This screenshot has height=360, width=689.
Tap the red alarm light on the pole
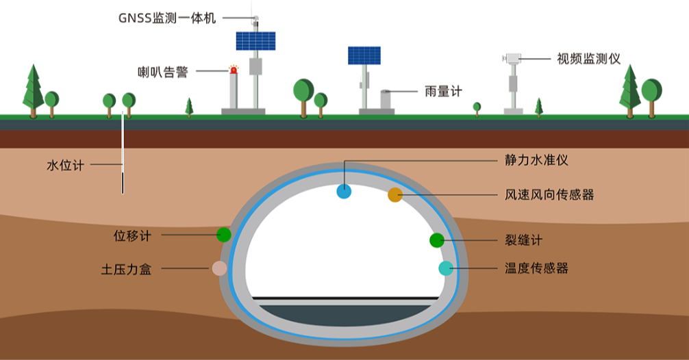point(234,69)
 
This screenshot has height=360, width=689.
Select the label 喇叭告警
point(162,71)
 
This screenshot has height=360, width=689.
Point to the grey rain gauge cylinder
point(386,99)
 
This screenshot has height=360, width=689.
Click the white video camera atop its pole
point(511,59)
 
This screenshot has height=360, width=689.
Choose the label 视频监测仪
point(588,59)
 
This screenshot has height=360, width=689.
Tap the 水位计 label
point(65,165)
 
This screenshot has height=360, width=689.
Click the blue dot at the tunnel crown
point(344,192)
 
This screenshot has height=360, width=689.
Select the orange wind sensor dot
point(395,195)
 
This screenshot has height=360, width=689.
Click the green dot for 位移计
point(223,235)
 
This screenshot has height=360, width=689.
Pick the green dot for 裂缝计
point(436,240)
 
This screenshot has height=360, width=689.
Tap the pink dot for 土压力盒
point(219,268)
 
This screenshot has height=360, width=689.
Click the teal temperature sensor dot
point(446,268)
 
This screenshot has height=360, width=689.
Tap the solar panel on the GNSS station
point(255,41)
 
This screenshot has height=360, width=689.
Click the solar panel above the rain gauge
point(364,55)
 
